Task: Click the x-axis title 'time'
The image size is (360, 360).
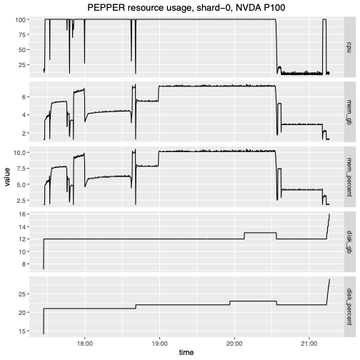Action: coord(186,352)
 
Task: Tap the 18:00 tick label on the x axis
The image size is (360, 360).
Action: coord(84,341)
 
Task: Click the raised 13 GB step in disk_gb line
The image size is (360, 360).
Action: coord(260,233)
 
